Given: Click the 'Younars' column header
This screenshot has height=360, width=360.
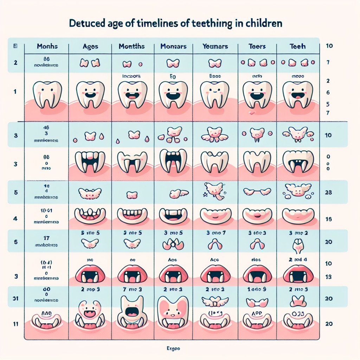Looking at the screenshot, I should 215,46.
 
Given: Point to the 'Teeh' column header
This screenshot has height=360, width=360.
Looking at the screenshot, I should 298,46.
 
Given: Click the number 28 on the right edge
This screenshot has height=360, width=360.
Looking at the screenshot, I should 329,193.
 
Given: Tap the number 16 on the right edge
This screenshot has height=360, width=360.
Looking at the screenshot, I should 329,219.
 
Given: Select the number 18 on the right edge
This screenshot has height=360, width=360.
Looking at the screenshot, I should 329,277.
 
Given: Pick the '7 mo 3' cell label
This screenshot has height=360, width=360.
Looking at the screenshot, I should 132,289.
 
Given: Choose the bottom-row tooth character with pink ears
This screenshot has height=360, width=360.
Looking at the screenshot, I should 173,311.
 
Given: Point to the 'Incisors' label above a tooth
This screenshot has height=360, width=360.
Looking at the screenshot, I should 132,75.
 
